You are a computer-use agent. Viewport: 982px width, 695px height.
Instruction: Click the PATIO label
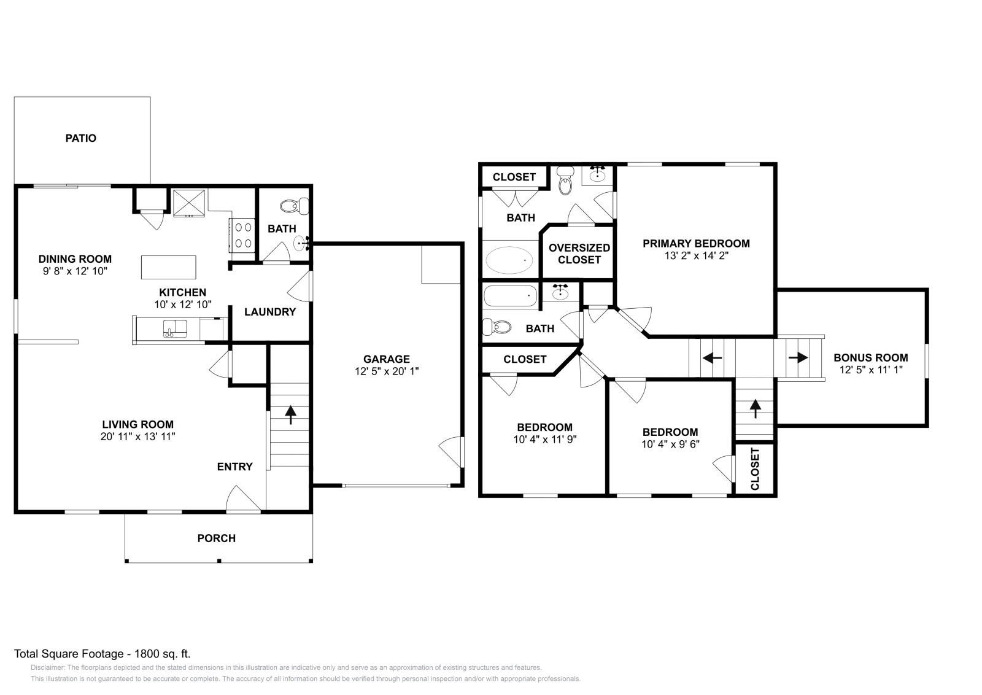coord(81,138)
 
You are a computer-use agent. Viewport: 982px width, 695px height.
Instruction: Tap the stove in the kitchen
coord(242,235)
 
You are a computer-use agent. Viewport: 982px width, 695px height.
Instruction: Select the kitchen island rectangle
coord(169,267)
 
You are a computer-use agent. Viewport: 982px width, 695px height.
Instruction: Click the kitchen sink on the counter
coord(175,329)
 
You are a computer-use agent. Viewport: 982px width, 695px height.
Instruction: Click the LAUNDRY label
coord(270,312)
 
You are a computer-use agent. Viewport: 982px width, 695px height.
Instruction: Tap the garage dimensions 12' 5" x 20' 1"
coord(387,371)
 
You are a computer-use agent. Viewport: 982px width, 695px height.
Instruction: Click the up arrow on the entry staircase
coord(290,414)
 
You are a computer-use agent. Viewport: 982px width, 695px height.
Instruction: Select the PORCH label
coord(216,538)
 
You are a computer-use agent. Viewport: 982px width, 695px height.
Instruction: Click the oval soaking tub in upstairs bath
coord(509,260)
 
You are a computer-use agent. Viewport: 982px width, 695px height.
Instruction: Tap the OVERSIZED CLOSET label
coord(579,254)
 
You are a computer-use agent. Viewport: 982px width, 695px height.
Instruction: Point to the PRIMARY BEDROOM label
coord(696,244)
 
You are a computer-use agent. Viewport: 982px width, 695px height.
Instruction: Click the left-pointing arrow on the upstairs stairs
coord(712,357)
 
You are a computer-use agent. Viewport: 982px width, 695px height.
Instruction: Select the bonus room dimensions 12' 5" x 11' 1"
coord(871,370)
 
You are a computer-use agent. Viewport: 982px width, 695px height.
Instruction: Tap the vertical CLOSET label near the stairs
coord(755,468)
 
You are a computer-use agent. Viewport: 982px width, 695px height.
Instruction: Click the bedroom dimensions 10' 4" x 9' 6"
coord(670,445)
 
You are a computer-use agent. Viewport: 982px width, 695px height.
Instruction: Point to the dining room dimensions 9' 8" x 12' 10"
coord(75,271)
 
